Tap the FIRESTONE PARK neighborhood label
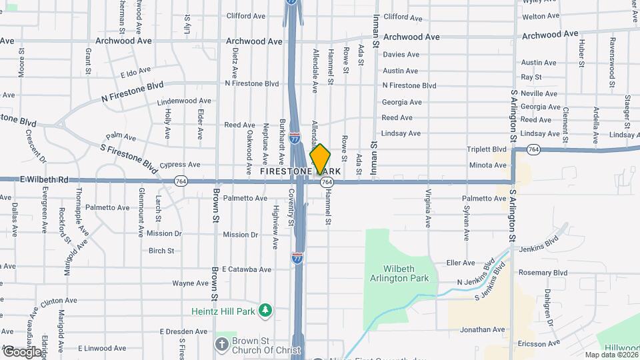point(300,171)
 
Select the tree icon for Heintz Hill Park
point(266,311)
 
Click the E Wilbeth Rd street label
point(45,180)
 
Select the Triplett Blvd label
point(487,149)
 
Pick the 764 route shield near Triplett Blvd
point(533,151)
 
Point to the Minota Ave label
point(487,165)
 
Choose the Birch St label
point(161,251)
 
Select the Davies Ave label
point(401,55)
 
